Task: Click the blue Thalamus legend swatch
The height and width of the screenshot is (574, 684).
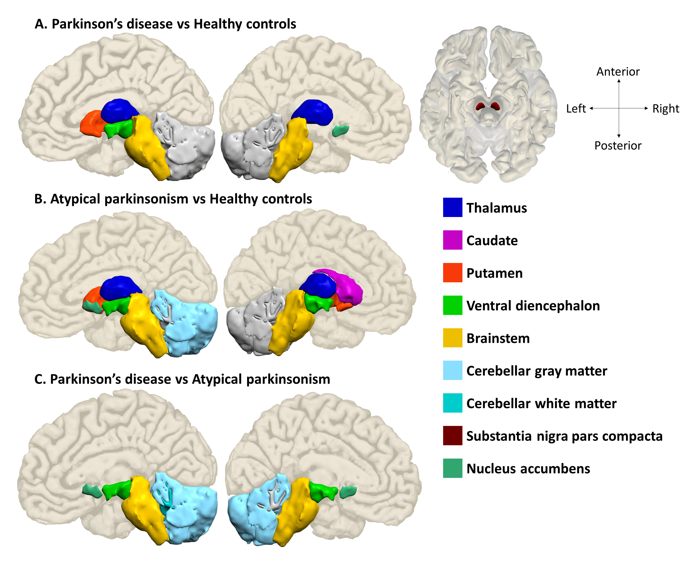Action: tap(453, 207)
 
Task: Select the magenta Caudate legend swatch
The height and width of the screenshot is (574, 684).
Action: tap(453, 240)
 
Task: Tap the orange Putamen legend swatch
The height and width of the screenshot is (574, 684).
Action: tap(453, 272)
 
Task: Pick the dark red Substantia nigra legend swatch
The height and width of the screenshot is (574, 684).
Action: tap(453, 436)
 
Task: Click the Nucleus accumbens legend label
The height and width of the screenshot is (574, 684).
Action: tap(528, 469)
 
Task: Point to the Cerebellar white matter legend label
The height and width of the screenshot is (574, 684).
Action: tap(541, 403)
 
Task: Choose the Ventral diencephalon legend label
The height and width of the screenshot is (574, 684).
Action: tap(533, 306)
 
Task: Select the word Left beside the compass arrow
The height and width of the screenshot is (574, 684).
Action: tap(576, 109)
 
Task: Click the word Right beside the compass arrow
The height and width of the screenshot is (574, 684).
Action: tap(666, 109)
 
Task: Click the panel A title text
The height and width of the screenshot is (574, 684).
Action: tap(165, 24)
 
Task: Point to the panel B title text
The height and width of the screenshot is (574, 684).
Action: tap(173, 199)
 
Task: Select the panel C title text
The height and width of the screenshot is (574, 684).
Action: tap(182, 379)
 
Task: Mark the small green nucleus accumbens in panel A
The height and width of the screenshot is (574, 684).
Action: tap(340, 131)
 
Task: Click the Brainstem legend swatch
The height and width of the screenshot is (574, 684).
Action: tap(453, 338)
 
